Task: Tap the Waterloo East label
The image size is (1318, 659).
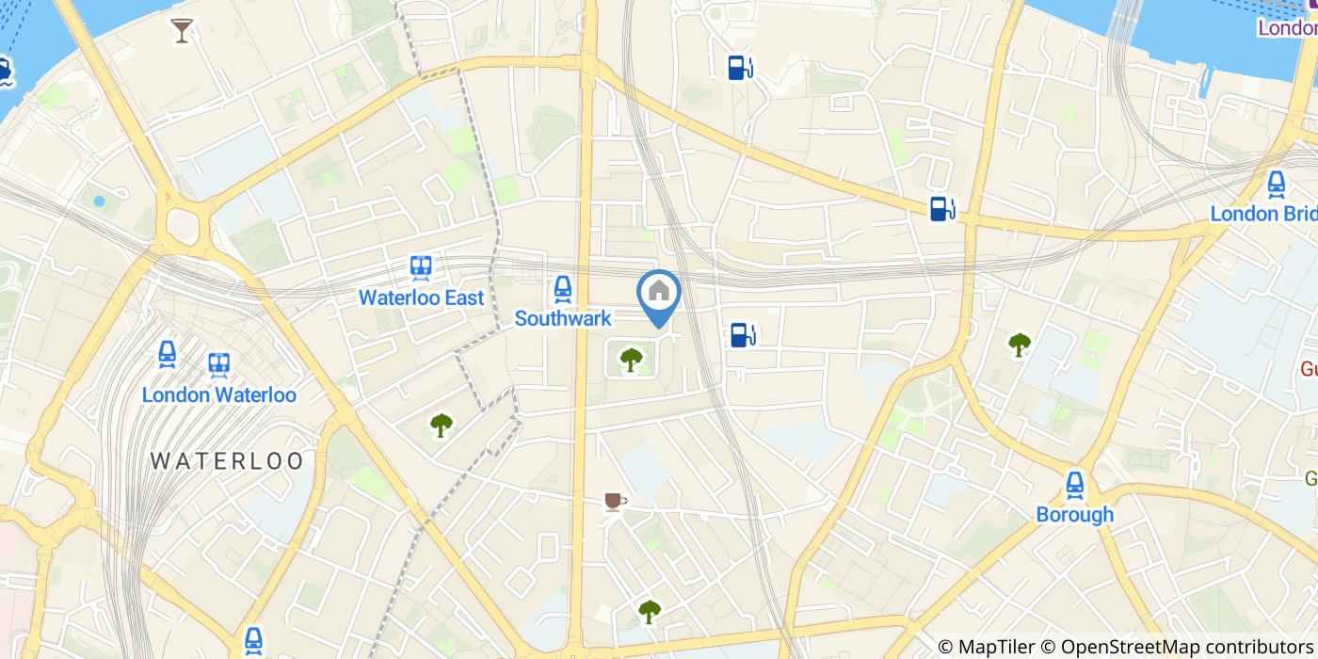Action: point(421,297)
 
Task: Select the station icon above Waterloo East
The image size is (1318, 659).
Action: point(421,268)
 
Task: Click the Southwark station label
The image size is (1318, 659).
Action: point(563,319)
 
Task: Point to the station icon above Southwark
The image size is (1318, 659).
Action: point(563,289)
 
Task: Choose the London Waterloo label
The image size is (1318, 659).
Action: point(218,394)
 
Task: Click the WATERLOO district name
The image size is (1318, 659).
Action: point(227,461)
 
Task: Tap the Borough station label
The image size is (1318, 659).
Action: point(1074,514)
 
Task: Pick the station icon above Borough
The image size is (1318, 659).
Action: point(1074,485)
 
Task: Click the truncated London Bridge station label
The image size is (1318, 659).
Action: point(1262,214)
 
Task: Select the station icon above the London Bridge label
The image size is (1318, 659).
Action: point(1277,185)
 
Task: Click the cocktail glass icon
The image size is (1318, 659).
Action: point(182,31)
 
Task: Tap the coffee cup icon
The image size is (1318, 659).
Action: point(614,502)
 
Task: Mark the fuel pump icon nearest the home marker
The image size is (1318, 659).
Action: point(742,334)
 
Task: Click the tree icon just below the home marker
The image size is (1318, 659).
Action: point(631,359)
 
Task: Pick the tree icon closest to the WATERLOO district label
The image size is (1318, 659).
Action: point(441,426)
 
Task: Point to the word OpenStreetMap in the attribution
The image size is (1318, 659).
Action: point(1120,647)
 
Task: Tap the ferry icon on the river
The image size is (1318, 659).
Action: point(3,72)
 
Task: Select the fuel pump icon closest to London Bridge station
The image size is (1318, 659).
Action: point(941,209)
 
